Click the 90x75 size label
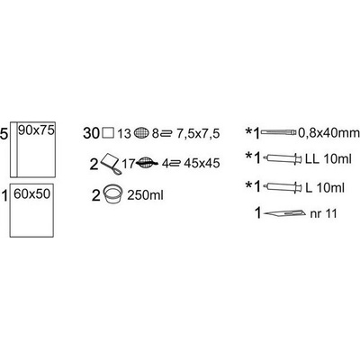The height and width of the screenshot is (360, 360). click(36, 130)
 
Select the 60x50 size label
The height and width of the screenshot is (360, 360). click(31, 194)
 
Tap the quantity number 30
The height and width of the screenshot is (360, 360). click(91, 133)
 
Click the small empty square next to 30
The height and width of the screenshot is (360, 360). click(108, 133)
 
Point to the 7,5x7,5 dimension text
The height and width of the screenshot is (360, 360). click(198, 133)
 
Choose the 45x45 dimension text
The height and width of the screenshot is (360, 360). click(202, 163)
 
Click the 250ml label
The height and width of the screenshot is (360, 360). click(145, 195)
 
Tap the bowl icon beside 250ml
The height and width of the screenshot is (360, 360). click(113, 195)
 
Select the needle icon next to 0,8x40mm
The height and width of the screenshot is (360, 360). click(279, 132)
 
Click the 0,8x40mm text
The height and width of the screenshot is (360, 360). click(328, 133)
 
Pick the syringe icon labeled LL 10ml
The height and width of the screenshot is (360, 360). click(282, 158)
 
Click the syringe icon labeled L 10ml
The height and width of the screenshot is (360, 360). click(282, 187)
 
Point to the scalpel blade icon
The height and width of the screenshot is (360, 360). click(285, 213)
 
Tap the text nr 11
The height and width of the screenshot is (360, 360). click(323, 214)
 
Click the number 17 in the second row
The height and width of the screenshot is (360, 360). click(129, 164)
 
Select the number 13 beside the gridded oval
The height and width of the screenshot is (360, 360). click(124, 134)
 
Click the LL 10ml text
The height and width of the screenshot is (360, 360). click(328, 159)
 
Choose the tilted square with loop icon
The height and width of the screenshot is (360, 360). click(110, 164)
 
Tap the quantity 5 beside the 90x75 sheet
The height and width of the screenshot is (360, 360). click(4, 134)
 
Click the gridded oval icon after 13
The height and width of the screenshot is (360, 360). click(141, 133)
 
